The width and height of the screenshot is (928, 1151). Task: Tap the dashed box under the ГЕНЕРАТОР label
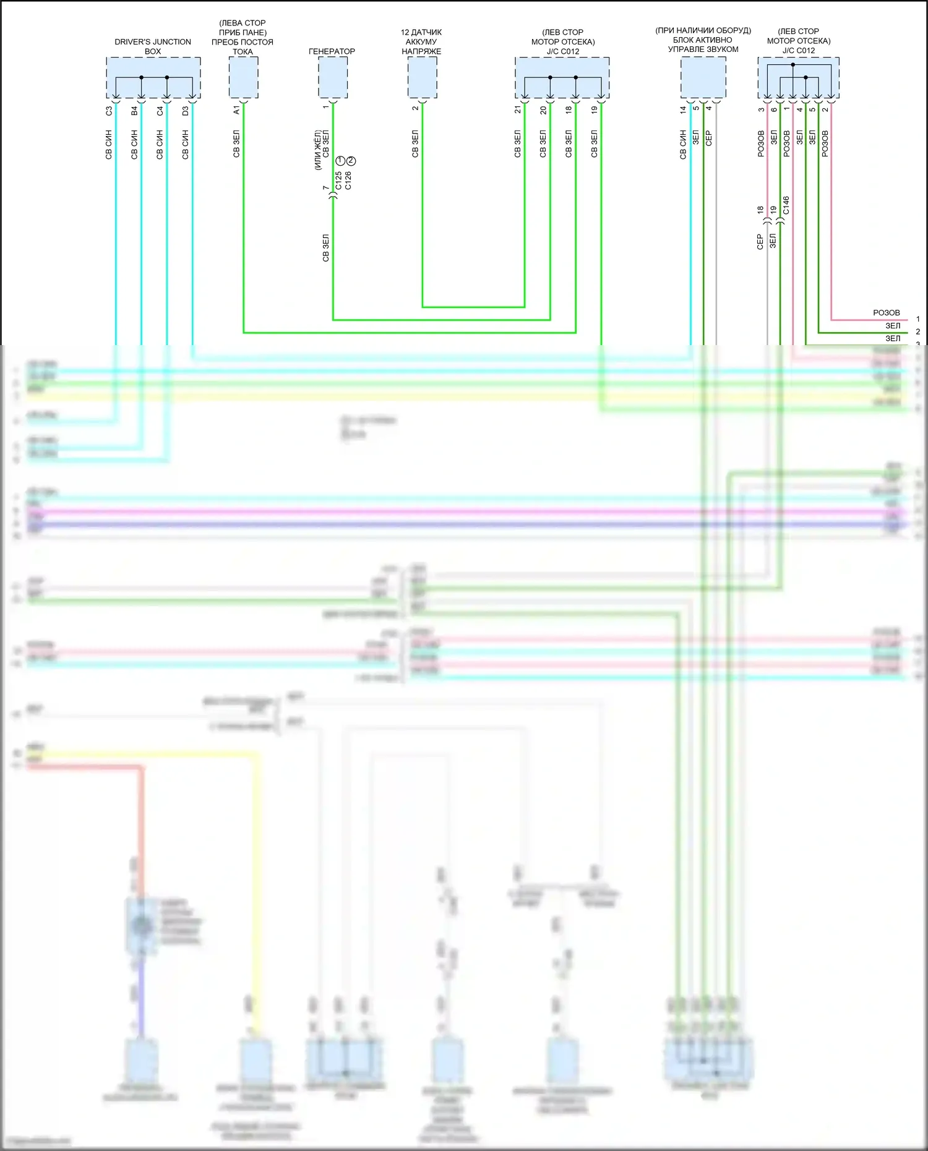333,77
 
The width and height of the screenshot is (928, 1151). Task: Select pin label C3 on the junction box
109,111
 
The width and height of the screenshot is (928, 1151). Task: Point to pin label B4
134,111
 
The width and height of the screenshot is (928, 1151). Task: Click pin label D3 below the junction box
185,111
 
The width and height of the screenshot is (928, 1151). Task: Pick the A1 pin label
236,110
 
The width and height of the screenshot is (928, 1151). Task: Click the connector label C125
338,181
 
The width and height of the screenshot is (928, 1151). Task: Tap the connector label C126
348,181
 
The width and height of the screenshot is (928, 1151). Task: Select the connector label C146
786,205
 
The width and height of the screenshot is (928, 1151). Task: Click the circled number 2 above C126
351,161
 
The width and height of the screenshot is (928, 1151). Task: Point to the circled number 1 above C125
340,161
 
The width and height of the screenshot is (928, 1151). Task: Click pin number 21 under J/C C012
518,109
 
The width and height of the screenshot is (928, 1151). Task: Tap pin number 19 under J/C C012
594,109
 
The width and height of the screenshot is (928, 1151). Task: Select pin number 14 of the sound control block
683,109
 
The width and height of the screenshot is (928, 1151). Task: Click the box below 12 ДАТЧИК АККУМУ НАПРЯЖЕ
422,77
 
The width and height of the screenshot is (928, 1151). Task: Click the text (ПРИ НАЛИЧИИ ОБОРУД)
703,30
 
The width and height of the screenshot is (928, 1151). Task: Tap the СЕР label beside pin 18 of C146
760,241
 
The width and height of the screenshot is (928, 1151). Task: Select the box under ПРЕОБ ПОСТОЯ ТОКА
243,77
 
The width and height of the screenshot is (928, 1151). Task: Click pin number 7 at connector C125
325,187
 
